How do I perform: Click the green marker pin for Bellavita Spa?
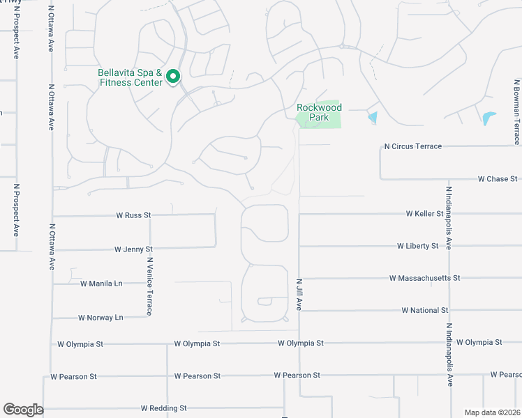(x=174, y=77)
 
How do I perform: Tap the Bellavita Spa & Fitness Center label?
(x=130, y=77)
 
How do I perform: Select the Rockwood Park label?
(x=319, y=112)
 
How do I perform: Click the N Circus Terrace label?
(x=413, y=146)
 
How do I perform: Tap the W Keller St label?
(x=424, y=213)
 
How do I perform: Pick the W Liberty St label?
(x=417, y=246)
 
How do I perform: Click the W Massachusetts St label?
(x=425, y=278)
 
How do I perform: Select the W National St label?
(x=425, y=310)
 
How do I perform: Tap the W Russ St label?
(x=133, y=215)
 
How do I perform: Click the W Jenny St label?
(x=133, y=249)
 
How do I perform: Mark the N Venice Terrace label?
(x=149, y=286)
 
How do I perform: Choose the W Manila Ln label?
(x=101, y=284)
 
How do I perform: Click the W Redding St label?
(x=163, y=408)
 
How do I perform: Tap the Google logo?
(x=23, y=410)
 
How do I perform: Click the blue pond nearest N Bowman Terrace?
(x=489, y=118)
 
